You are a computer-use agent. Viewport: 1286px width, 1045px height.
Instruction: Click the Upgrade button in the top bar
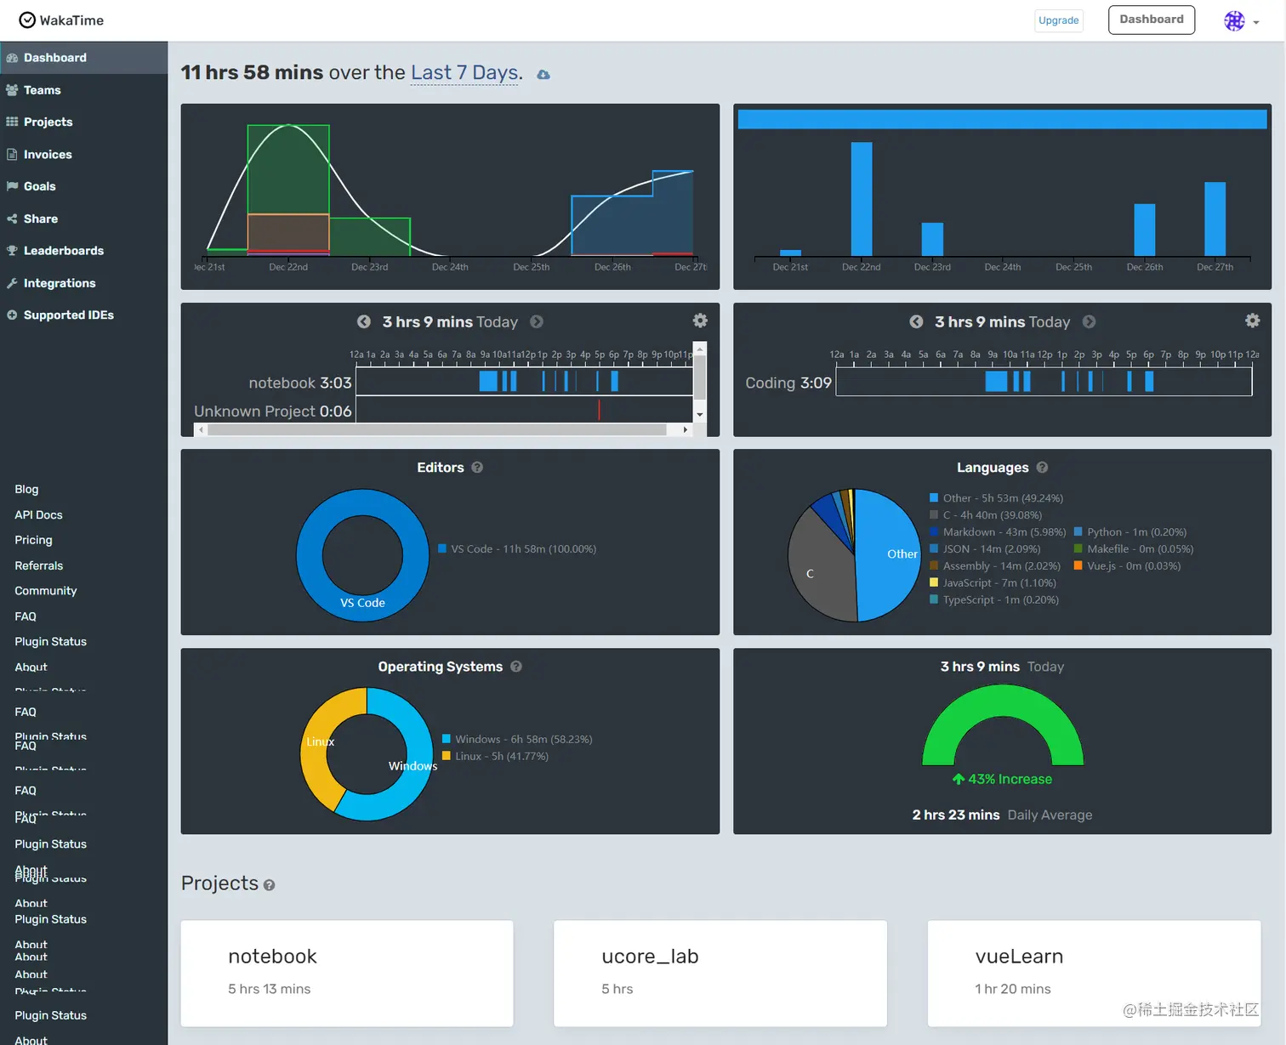pos(1058,20)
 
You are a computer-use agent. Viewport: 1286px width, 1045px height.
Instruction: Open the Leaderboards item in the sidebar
pos(64,251)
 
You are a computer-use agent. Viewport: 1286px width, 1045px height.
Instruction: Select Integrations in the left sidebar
pos(60,283)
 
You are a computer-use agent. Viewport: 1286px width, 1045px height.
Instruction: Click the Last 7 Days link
pos(464,73)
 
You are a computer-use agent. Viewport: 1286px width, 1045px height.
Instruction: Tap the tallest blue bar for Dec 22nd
pos(861,199)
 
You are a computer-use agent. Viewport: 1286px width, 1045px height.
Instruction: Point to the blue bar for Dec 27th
pos(1215,219)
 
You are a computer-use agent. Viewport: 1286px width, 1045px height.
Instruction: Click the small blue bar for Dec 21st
pos(790,253)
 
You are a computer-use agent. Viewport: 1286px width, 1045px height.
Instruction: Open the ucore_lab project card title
pos(650,957)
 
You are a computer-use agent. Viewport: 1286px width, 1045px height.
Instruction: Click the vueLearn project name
pos(1019,957)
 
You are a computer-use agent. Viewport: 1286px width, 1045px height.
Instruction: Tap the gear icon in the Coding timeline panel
pos(1252,321)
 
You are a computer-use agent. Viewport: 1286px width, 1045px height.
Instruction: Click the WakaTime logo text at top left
pos(71,20)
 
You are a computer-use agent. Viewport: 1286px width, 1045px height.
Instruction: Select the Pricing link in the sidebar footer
pos(33,540)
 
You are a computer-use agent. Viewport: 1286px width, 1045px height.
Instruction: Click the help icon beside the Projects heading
pos(269,885)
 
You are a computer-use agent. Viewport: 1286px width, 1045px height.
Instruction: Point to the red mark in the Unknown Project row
pos(599,410)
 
